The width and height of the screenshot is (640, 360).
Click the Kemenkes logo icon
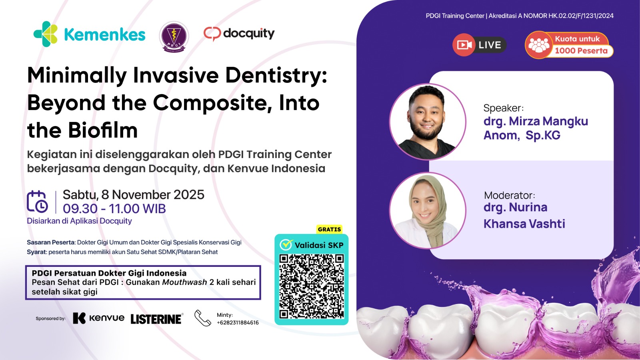click(46, 34)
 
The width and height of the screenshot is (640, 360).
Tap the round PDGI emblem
click(174, 36)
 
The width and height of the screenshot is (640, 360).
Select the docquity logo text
click(248, 33)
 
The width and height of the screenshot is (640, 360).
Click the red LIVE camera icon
click(464, 45)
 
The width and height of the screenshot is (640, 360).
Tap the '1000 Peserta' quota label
click(581, 51)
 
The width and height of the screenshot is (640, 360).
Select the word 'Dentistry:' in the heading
click(276, 75)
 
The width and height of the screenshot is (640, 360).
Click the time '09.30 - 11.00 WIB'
click(114, 208)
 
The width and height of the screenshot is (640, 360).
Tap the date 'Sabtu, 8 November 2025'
click(133, 194)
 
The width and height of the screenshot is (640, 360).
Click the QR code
click(311, 286)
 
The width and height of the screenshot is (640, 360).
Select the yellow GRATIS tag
click(329, 229)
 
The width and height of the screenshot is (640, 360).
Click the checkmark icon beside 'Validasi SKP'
click(286, 244)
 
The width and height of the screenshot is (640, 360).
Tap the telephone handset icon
click(202, 318)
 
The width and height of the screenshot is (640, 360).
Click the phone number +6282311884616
click(238, 322)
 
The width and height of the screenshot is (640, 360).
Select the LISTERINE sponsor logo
click(156, 319)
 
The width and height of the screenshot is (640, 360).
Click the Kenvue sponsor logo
click(98, 318)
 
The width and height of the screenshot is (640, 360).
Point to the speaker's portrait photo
click(427, 122)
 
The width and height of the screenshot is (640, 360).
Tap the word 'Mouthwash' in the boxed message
click(184, 282)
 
